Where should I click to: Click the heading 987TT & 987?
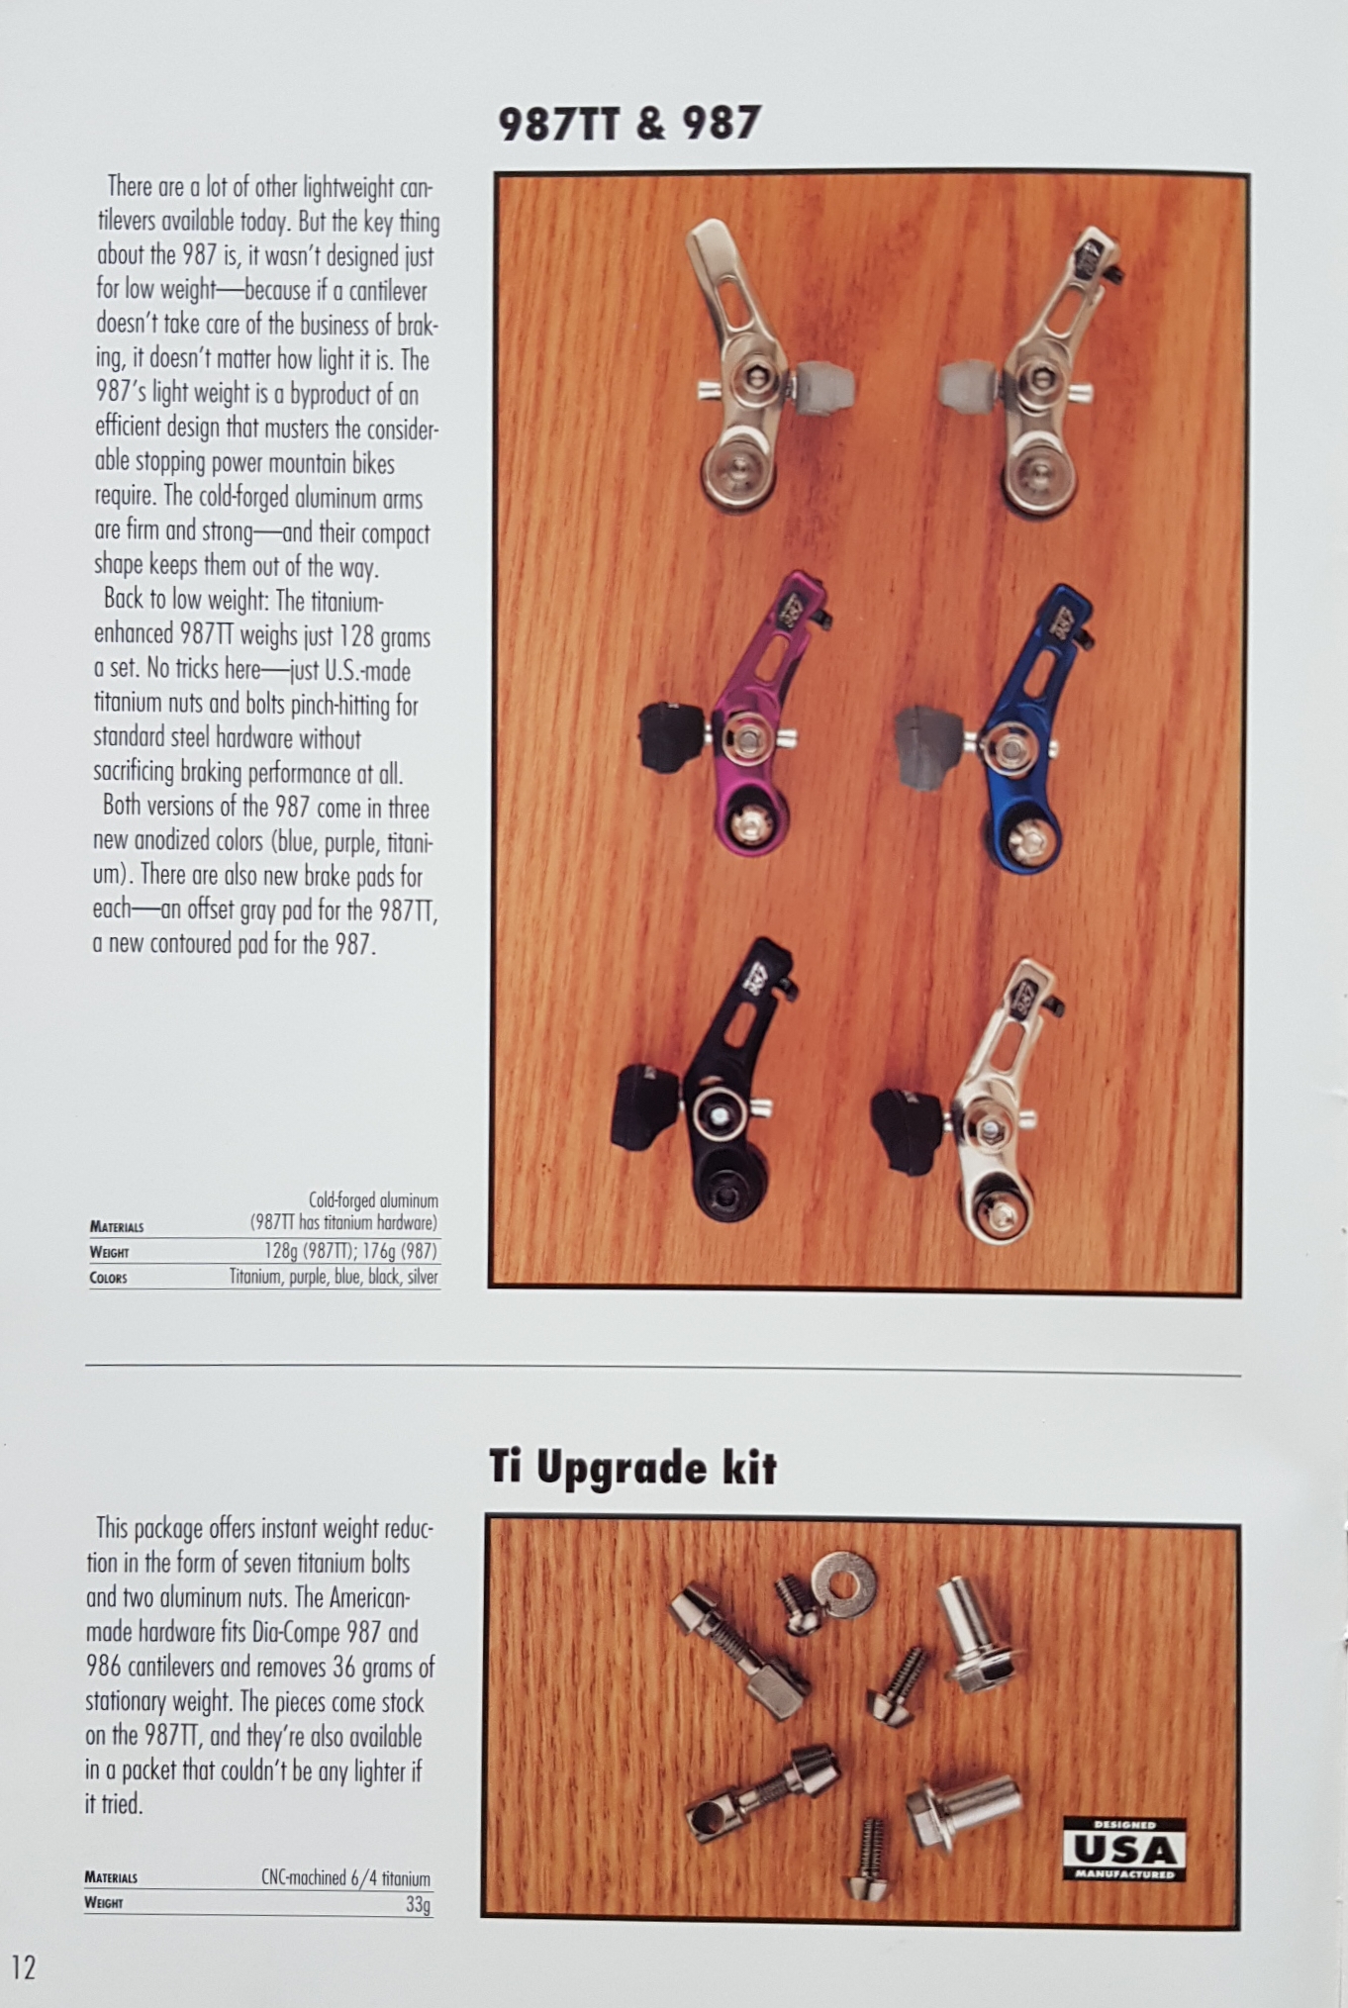point(629,124)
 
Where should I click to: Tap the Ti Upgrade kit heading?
point(632,1468)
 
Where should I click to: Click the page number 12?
point(24,1966)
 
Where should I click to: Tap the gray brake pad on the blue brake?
point(930,747)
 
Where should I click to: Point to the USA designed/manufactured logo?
point(1124,1849)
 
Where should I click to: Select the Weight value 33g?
point(418,1904)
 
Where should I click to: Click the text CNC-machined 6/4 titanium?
point(345,1877)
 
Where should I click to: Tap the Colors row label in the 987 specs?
point(108,1278)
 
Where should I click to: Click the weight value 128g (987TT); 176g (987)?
point(350,1251)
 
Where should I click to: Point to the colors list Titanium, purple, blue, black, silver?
point(334,1277)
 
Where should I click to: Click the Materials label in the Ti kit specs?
point(111,1877)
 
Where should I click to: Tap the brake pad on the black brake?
point(647,1107)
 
